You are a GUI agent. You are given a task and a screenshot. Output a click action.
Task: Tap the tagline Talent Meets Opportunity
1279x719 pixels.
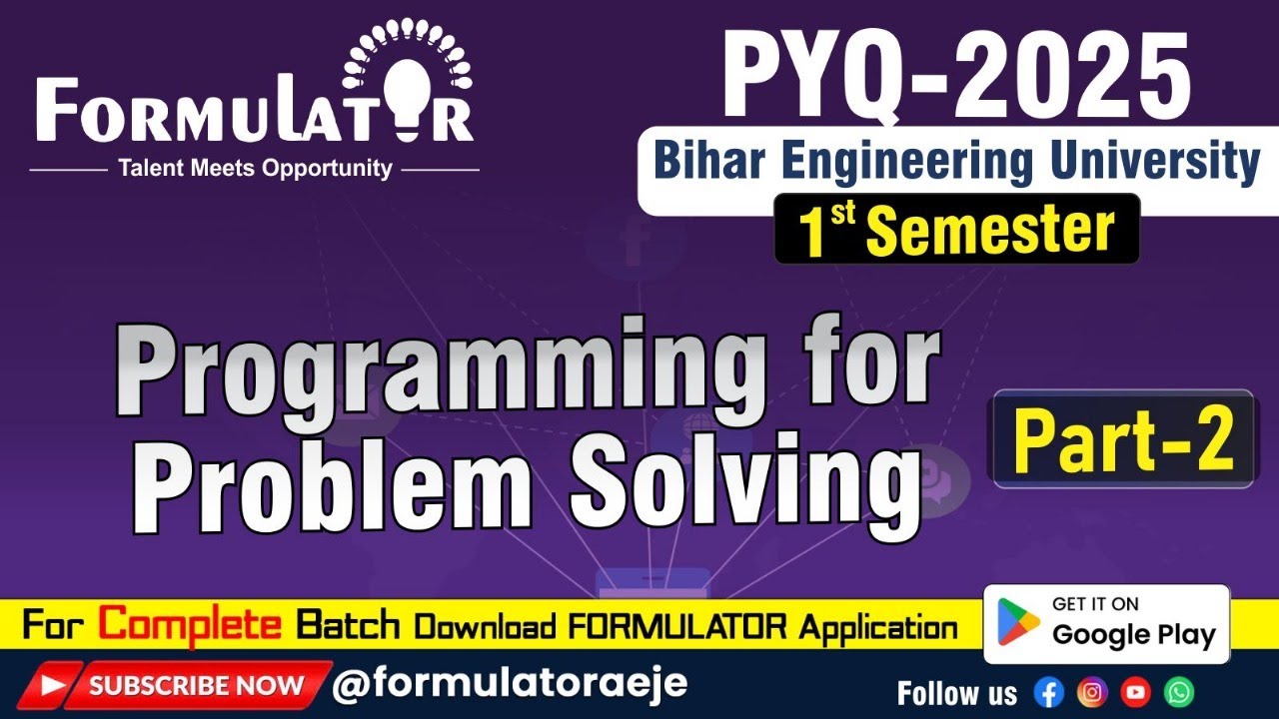point(255,169)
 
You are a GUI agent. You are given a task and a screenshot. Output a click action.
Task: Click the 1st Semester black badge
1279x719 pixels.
point(956,230)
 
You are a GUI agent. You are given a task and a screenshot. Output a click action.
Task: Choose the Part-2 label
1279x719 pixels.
point(1122,439)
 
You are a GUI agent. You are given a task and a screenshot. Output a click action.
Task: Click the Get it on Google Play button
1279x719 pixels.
point(1106,623)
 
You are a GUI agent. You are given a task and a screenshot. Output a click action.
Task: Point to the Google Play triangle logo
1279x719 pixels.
point(1018,623)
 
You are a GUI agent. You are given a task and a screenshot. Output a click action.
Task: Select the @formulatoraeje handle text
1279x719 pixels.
point(509,684)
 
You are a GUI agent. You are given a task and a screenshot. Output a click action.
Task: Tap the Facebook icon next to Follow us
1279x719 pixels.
point(1048,692)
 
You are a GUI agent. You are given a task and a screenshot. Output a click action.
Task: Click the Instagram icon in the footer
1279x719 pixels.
point(1092,692)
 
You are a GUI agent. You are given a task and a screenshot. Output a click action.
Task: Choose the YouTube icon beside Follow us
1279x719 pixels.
point(1136,692)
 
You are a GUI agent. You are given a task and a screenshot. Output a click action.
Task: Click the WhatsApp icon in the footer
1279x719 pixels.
point(1180,692)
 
